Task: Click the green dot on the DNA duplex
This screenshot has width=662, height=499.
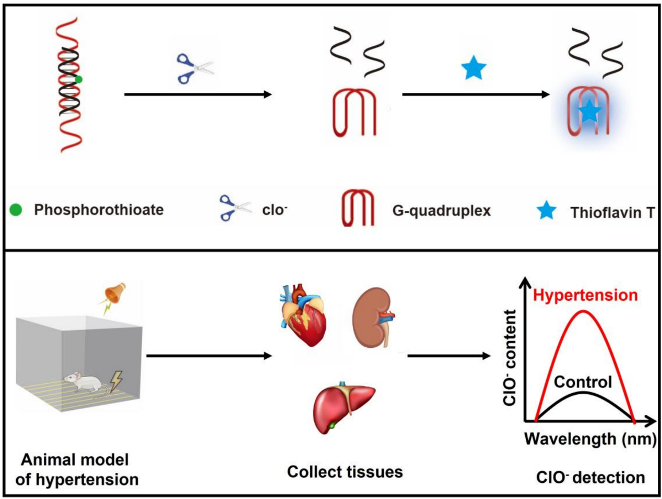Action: [x=78, y=79]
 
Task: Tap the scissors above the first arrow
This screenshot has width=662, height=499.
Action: [x=195, y=68]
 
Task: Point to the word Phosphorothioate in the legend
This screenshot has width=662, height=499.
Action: [x=99, y=210]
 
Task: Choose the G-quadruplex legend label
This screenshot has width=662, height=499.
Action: [x=441, y=211]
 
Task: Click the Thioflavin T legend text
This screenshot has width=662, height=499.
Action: [x=612, y=212]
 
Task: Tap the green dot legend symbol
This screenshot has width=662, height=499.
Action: [x=16, y=210]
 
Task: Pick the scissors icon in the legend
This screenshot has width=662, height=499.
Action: [x=234, y=208]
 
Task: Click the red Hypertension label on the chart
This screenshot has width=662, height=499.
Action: [x=585, y=295]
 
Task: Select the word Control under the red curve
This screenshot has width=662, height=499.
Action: [x=583, y=382]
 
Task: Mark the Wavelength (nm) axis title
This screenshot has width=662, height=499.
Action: [x=590, y=439]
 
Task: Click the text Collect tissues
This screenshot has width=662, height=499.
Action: [x=345, y=472]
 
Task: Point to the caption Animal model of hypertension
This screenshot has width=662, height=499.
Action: [x=76, y=469]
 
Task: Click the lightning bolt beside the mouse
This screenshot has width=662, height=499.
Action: [x=115, y=381]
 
